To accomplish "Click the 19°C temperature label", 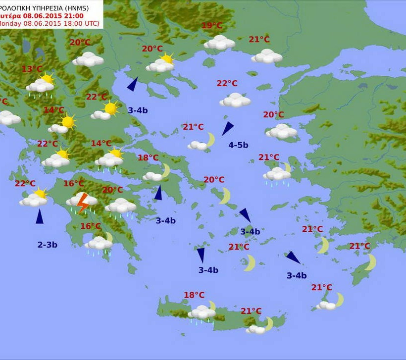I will [x=212, y=26].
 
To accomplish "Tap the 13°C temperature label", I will [x=32, y=69].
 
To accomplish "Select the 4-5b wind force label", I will [x=238, y=145].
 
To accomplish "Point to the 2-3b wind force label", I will [x=47, y=244].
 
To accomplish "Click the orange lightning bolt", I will [x=83, y=203].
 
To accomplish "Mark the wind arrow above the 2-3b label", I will [x=40, y=216].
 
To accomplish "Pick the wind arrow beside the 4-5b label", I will [x=227, y=128].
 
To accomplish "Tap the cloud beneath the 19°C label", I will [x=219, y=43].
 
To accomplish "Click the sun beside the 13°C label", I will [x=47, y=79].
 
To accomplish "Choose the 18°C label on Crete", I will [x=194, y=295].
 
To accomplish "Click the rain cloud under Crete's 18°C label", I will [x=202, y=313].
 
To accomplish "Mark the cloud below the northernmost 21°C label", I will [x=266, y=56].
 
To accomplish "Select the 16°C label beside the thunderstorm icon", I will [x=74, y=184].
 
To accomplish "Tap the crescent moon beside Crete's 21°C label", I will [x=269, y=324].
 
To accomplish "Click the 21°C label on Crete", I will [x=251, y=311].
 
